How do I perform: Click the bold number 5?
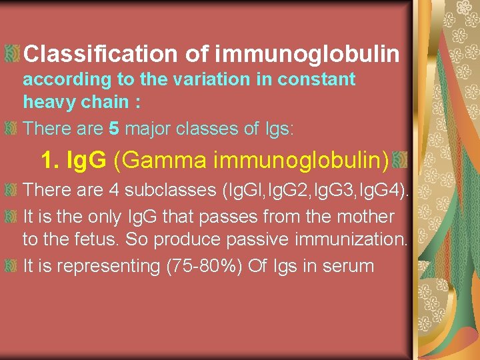[x=113, y=127]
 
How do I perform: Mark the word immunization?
[x=355, y=240]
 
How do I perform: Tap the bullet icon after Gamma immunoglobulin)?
[x=400, y=160]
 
